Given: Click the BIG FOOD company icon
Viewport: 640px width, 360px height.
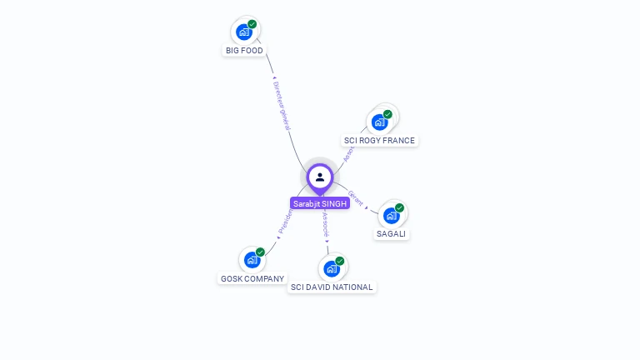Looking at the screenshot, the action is (244, 32).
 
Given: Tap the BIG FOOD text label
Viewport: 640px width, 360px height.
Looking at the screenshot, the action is (244, 51).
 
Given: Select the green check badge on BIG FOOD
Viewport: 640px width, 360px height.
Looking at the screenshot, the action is (252, 24).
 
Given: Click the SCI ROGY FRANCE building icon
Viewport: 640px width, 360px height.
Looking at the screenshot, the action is (380, 122).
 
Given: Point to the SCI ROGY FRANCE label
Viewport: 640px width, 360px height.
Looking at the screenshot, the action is (379, 141).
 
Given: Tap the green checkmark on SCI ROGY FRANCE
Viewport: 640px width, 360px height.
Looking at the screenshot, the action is (387, 114).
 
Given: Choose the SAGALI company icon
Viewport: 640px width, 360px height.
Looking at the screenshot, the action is (392, 216).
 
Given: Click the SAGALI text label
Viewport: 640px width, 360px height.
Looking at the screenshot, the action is (392, 234).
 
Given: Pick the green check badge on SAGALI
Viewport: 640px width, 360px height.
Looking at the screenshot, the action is (400, 207).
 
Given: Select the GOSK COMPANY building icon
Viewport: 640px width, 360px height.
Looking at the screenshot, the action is (252, 260).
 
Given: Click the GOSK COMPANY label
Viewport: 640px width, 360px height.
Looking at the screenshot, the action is (252, 279).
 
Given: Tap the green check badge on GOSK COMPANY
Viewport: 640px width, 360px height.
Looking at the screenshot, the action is (261, 252).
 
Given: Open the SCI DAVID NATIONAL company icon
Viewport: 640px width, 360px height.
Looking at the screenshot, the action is (332, 268).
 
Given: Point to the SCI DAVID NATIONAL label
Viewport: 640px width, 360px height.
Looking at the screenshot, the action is (332, 287).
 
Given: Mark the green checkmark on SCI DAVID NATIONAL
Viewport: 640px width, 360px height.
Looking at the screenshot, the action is (340, 261).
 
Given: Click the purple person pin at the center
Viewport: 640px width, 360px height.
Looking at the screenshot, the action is (320, 177).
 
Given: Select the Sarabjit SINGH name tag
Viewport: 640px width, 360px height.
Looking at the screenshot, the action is (320, 203).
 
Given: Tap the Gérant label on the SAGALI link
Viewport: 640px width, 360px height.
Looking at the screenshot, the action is (356, 197).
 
